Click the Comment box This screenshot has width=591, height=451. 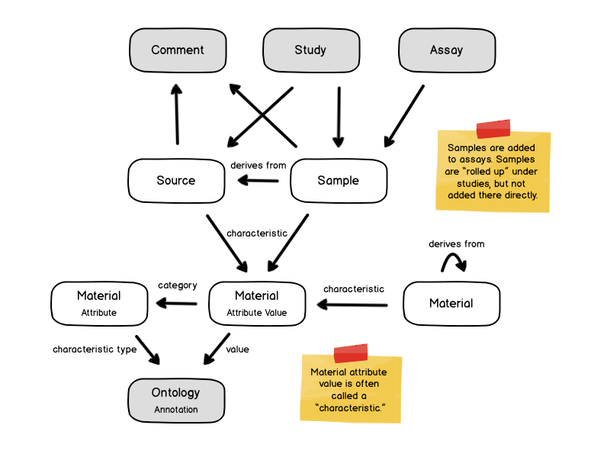[178, 50]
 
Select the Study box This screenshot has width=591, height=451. [310, 50]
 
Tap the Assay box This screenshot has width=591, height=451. [446, 50]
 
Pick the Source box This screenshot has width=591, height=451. [176, 181]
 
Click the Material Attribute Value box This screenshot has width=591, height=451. [257, 303]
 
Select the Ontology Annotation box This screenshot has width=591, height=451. [176, 400]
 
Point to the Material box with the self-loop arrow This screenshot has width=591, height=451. [451, 303]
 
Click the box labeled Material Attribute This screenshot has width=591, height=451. [99, 303]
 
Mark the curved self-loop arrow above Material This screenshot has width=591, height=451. [454, 262]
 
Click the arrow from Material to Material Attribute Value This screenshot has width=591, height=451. [353, 304]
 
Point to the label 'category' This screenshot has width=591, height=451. [177, 285]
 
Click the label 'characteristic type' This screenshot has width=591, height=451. [95, 350]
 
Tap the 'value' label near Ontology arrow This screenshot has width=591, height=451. [237, 350]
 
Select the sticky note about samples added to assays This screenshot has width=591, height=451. [493, 171]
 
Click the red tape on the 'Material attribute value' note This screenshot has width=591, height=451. [351, 353]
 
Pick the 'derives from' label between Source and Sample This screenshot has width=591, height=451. [258, 165]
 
